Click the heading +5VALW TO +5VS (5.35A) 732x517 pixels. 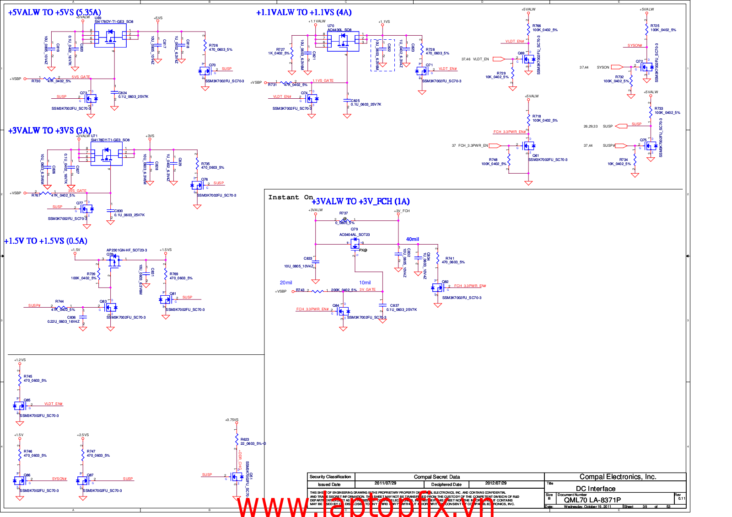point(55,12)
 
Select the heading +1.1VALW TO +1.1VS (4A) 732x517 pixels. point(304,12)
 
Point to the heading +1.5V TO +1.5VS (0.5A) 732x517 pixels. point(45,241)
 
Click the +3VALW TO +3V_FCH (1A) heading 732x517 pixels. point(361,202)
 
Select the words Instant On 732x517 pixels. point(291,197)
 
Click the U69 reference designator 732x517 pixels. point(98,18)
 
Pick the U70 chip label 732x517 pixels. point(331,26)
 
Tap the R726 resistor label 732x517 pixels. point(213,46)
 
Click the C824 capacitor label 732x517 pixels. point(123,93)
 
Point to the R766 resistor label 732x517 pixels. point(537,26)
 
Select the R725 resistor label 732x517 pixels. point(655,26)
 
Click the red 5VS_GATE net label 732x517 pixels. point(81,77)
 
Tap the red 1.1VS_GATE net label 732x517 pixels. point(323,80)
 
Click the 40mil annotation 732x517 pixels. point(412,239)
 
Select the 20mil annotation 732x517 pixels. point(286,282)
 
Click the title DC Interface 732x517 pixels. point(595,489)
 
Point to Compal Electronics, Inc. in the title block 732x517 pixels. point(618,477)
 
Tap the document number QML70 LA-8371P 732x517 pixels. point(592,500)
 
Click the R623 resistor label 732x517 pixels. point(245,439)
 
